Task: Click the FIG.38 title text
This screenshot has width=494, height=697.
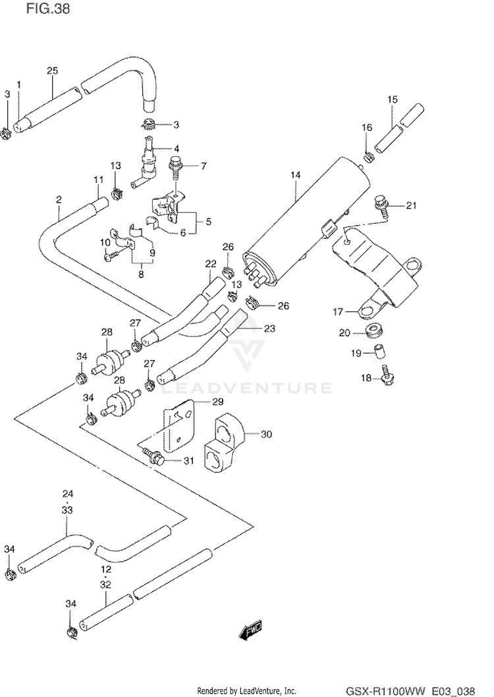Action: pos(48,9)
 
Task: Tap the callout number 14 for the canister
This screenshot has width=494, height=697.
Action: pos(296,175)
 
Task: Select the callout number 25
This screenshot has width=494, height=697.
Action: pos(53,70)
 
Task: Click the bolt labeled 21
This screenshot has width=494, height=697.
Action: pos(379,203)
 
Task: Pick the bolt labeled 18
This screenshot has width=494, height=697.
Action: pos(387,374)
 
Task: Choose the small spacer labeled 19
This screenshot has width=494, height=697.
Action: pos(378,351)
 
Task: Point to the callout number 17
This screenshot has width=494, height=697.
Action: pos(339,311)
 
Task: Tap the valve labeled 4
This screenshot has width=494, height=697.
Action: pos(146,164)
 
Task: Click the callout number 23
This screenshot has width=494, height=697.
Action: pos(269,328)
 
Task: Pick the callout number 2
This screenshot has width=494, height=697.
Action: pos(59,199)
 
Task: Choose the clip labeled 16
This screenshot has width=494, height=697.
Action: pos(368,157)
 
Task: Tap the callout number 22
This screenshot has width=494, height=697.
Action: pos(211,264)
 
